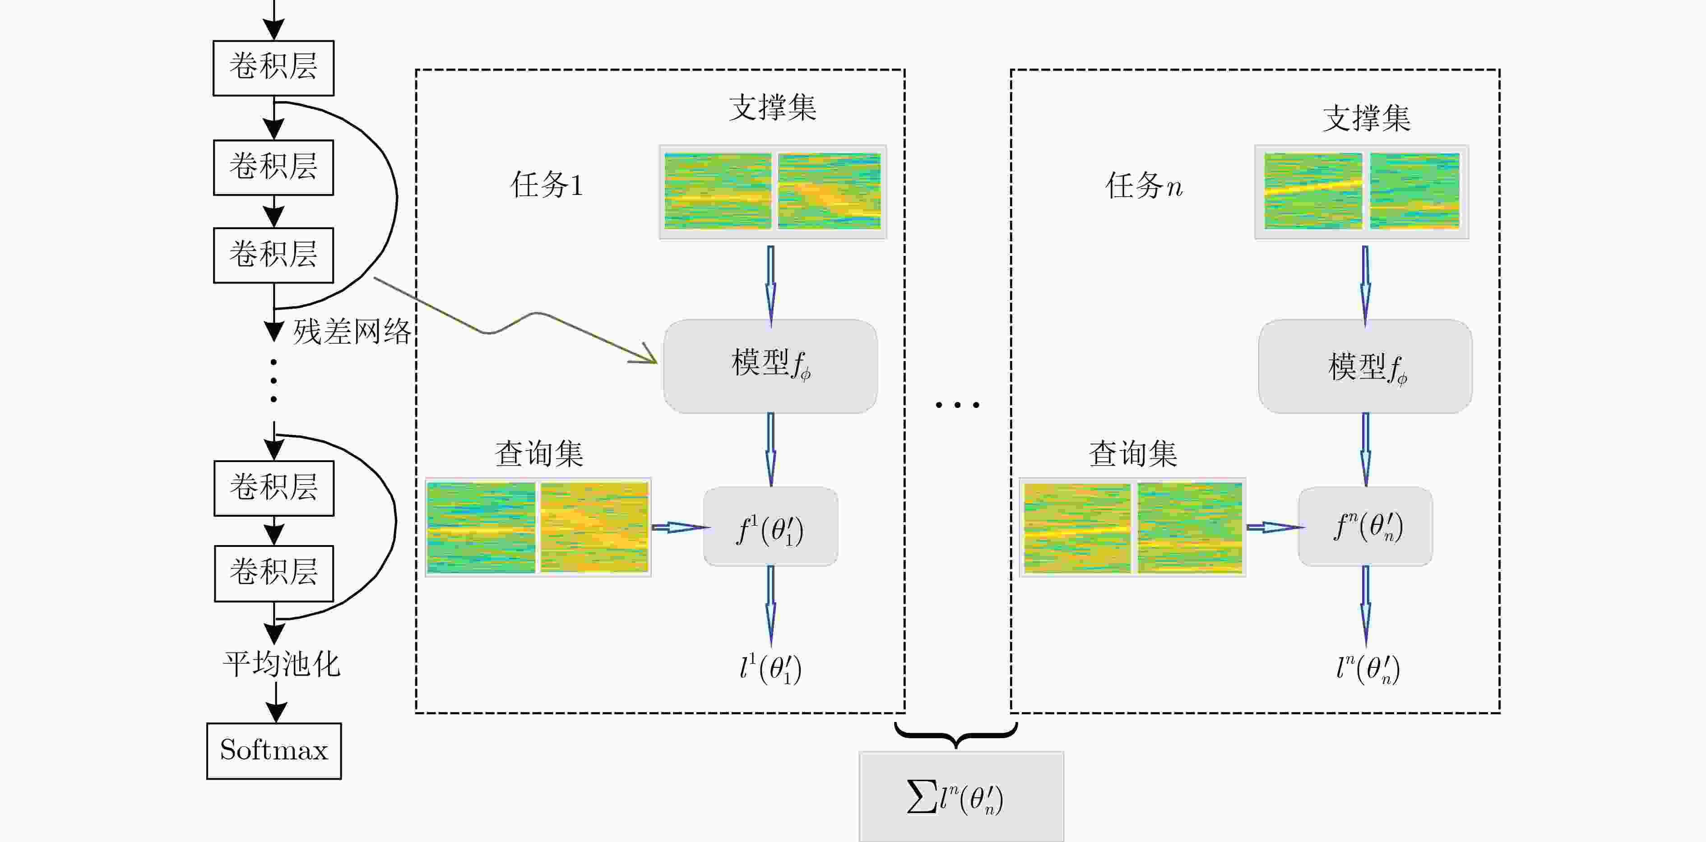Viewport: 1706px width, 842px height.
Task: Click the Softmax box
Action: (x=274, y=751)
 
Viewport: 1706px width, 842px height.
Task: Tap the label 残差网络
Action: (x=352, y=331)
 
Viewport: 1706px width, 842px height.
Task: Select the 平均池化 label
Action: (x=282, y=663)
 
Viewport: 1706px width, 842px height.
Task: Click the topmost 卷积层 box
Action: (x=273, y=68)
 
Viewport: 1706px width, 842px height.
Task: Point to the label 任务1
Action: (x=547, y=185)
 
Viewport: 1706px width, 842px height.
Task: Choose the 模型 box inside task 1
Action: (x=770, y=366)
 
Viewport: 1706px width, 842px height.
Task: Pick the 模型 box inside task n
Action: (x=1365, y=366)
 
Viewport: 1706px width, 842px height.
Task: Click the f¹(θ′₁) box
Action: (x=770, y=527)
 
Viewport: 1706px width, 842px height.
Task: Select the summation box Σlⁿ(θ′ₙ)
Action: (x=961, y=796)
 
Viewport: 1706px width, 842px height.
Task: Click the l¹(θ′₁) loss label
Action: (x=770, y=669)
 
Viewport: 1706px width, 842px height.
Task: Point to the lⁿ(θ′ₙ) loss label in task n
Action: (x=1368, y=669)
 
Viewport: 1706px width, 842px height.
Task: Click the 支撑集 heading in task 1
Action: (x=772, y=107)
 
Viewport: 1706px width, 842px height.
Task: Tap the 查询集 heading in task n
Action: (x=1133, y=453)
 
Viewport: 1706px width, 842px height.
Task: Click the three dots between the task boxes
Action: (x=957, y=404)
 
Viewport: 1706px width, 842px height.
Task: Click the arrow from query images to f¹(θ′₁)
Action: (x=681, y=527)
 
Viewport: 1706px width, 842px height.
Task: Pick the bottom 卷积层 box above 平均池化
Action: (x=274, y=573)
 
